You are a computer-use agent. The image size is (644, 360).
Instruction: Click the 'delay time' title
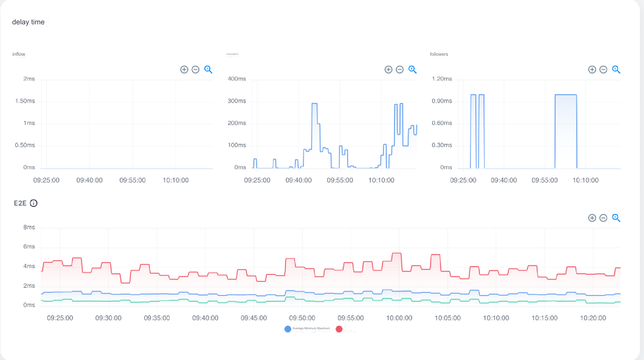tap(28, 22)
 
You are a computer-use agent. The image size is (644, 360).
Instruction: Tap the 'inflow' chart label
tap(19, 54)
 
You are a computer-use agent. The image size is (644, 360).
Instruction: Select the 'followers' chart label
tap(439, 54)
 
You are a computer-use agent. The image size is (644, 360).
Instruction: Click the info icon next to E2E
tap(34, 203)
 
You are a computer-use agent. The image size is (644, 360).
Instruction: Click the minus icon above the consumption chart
tap(400, 70)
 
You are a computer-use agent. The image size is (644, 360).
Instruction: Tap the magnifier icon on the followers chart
tap(616, 70)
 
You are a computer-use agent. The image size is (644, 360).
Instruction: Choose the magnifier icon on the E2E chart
tap(616, 218)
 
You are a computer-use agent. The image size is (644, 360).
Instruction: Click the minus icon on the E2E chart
tap(603, 218)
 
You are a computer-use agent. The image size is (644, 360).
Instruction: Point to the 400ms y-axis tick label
tap(237, 79)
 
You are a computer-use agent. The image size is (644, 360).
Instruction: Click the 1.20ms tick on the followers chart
tap(442, 79)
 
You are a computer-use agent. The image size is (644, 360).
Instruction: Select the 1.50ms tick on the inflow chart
tap(25, 101)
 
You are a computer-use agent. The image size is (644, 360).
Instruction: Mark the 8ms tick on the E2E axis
tap(29, 227)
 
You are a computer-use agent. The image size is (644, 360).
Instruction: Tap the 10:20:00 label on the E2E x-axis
tap(593, 318)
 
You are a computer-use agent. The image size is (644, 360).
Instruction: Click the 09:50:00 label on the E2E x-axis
tap(302, 318)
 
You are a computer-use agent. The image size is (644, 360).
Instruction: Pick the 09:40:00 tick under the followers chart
tap(504, 180)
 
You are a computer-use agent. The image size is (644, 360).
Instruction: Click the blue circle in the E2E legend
tap(288, 329)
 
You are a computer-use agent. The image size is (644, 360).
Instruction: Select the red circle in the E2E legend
tap(339, 329)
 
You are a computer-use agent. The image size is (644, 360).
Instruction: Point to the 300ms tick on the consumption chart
tap(237, 101)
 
